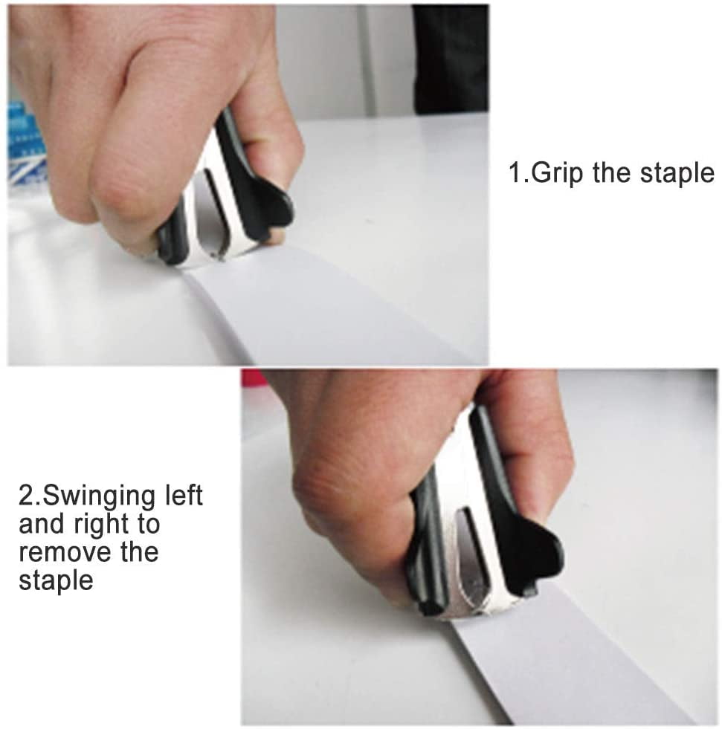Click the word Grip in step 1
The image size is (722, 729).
pos(556,173)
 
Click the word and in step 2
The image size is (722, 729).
pos(43,524)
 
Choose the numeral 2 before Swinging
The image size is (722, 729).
pos(26,496)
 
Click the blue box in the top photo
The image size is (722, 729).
pos(26,145)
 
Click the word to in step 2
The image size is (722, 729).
pos(149,525)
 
